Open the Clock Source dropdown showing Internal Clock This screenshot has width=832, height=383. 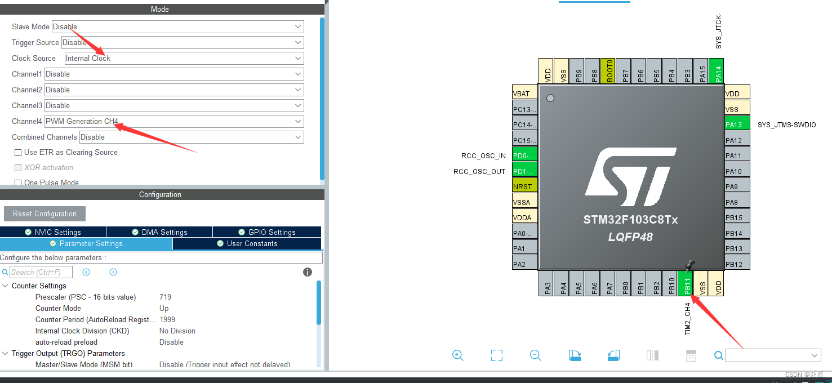pos(184,58)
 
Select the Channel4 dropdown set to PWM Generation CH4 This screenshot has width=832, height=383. pos(174,121)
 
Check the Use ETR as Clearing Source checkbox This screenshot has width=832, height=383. pos(19,153)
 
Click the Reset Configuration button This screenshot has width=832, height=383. pos(45,213)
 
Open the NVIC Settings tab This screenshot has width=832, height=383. pos(53,232)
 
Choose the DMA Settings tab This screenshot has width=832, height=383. pos(159,232)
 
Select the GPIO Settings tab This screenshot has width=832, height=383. pos(267,232)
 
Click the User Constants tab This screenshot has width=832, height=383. pos(247,243)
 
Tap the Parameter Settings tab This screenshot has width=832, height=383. pos(86,243)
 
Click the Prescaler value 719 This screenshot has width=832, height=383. pos(165,297)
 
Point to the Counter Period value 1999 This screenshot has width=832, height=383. pos(167,319)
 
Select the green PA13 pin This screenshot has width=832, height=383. pos(737,124)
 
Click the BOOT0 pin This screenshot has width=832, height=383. pos(607,71)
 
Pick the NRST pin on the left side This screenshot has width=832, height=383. pos(524,186)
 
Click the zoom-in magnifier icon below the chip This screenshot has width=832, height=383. pos(458,355)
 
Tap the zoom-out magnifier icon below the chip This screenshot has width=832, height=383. pos(536,355)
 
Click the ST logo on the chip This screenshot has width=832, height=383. pos(630,177)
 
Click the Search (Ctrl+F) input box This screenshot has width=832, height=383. pos(41,272)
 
